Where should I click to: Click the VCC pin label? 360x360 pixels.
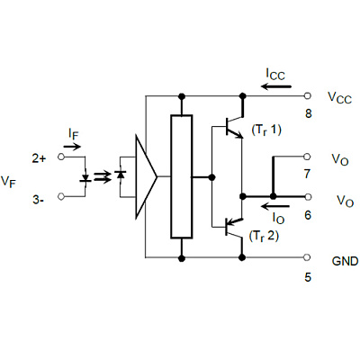coord(339,98)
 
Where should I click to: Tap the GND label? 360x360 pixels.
coord(345,261)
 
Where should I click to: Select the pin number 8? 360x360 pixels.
coord(308,113)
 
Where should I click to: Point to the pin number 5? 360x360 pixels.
coord(308,277)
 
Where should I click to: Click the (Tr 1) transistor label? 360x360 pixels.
coord(266,130)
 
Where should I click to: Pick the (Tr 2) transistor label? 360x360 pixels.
coord(264,237)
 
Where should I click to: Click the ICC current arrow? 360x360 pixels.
coord(276,86)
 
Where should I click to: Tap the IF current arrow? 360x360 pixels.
coord(72,147)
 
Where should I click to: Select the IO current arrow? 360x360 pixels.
coord(275,206)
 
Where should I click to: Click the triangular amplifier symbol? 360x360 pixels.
coord(146,176)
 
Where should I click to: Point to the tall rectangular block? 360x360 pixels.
coord(182,176)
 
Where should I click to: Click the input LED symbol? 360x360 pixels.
coord(85,178)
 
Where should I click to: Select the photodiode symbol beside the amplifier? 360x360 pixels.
coord(121,175)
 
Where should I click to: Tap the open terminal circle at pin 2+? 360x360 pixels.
coord(61,157)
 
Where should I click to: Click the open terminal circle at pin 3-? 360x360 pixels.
coord(61,196)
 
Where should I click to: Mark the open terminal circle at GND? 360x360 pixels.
coord(307,257)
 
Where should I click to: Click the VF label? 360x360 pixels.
coord(8,182)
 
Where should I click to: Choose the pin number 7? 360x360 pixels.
coord(307,174)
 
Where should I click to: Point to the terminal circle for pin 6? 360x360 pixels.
coord(307,196)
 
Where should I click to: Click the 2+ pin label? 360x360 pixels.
coord(39,158)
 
